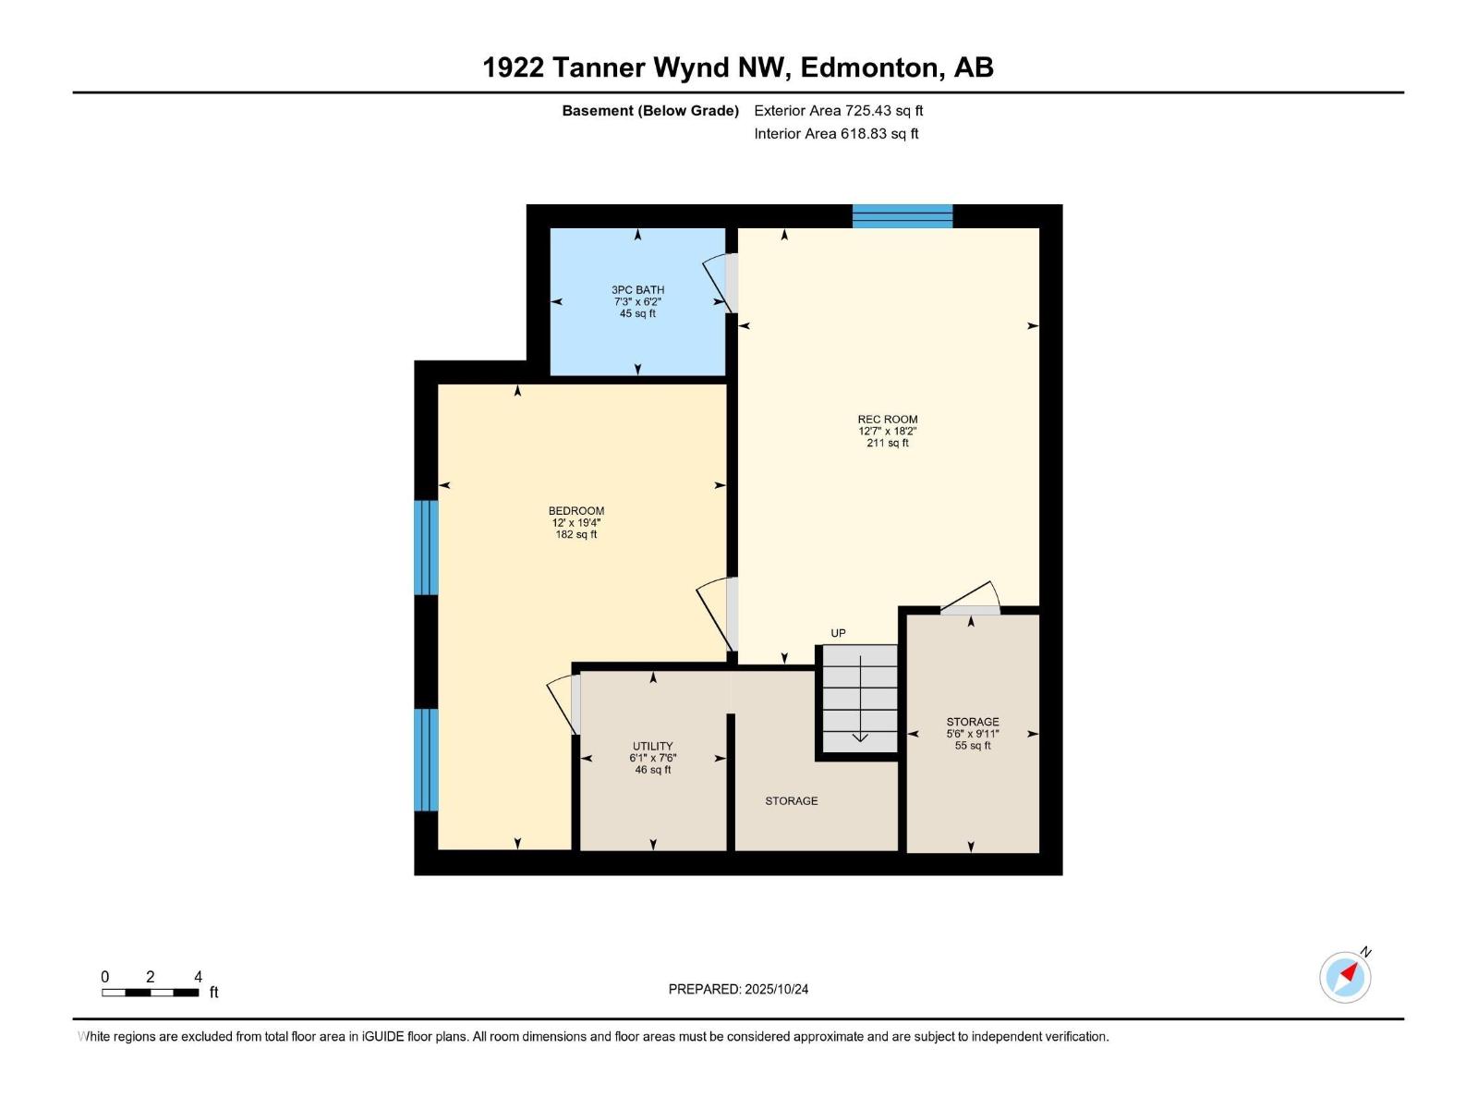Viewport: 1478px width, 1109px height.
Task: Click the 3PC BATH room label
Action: tap(637, 289)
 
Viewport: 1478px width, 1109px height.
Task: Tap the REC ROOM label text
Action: tap(887, 420)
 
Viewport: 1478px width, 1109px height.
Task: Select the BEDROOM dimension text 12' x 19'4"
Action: tap(576, 523)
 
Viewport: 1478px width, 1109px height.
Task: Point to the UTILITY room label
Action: tap(652, 746)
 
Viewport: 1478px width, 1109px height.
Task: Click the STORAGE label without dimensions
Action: tap(791, 801)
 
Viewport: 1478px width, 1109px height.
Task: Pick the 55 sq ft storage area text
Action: tap(973, 746)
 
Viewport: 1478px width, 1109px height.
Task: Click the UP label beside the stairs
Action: tap(838, 633)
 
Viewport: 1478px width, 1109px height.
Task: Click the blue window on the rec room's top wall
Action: tap(902, 216)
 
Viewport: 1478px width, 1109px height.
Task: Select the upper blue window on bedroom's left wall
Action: tap(426, 547)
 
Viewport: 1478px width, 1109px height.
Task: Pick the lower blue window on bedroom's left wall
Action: tap(426, 760)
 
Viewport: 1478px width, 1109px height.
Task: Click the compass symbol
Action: tap(1345, 977)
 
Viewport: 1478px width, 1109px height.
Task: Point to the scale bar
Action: tap(150, 993)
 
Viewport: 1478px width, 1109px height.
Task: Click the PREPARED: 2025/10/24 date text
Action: tap(738, 989)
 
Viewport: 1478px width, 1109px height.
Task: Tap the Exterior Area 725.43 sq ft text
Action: tap(838, 111)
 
